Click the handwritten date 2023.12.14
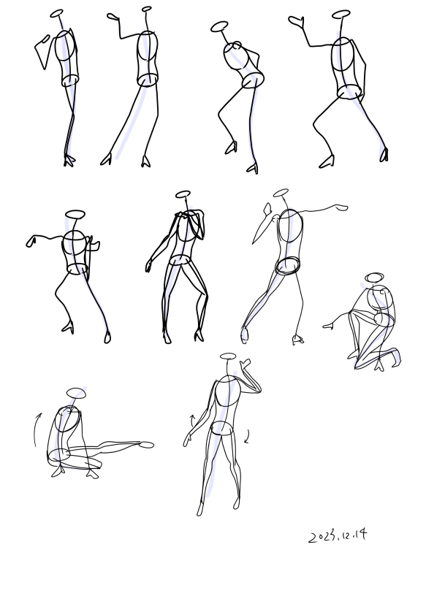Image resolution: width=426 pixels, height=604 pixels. point(338,536)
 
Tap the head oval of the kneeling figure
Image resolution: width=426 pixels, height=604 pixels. point(374,278)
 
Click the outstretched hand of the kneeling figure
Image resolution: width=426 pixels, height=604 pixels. point(327,326)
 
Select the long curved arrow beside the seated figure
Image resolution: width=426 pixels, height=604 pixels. point(37,429)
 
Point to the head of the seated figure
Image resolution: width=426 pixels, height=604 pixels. point(76,393)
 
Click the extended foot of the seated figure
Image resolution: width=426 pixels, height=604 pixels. point(145,446)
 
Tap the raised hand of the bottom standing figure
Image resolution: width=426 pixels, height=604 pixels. point(246,363)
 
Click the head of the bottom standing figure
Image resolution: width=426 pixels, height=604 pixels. point(228,356)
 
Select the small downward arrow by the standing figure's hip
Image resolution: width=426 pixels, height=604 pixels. point(247,437)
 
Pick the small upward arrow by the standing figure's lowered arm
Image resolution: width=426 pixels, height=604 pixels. point(193,421)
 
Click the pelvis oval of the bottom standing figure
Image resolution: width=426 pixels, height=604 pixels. point(222,428)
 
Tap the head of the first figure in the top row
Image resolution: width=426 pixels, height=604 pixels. point(57,13)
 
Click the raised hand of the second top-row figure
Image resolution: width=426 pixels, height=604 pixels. point(113,17)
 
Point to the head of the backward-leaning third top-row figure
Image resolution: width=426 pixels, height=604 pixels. point(219,26)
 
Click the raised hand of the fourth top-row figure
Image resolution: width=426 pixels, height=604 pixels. point(296,22)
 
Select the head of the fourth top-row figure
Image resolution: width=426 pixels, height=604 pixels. point(341,15)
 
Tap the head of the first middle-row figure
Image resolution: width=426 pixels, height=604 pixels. point(75,214)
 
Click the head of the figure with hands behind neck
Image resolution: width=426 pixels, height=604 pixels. point(183,194)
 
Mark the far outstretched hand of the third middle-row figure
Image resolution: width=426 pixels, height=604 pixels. point(341,208)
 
